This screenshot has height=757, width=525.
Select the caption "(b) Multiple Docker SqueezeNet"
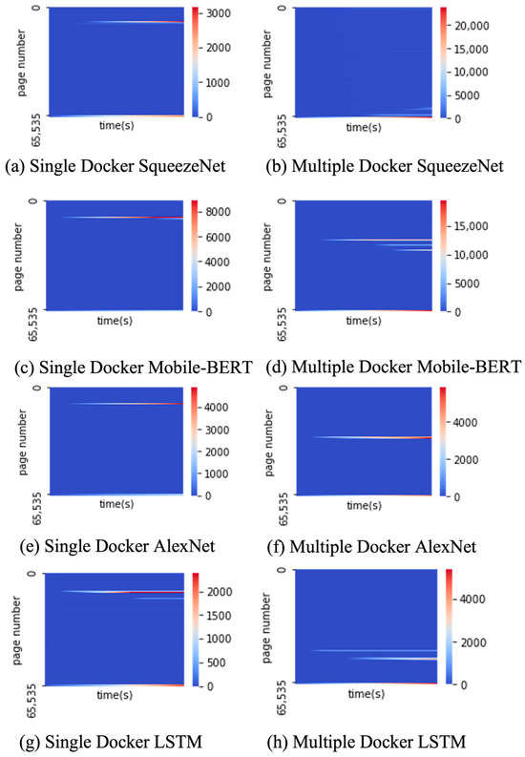387,166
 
